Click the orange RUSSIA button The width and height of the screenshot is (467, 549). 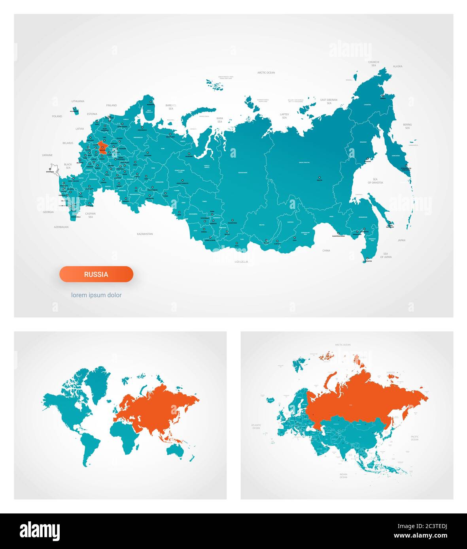click(x=96, y=274)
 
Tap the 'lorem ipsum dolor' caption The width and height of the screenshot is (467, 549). click(x=96, y=295)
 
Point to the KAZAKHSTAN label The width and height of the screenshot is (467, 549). click(x=145, y=234)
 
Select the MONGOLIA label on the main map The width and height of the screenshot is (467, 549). click(x=241, y=261)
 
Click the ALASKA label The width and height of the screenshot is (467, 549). click(x=397, y=66)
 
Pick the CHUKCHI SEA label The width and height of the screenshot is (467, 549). click(x=374, y=64)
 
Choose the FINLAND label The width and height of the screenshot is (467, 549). click(x=112, y=105)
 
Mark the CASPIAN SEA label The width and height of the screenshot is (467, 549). click(x=91, y=215)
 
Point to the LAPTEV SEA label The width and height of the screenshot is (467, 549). click(x=284, y=116)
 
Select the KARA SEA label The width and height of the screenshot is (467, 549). click(x=219, y=120)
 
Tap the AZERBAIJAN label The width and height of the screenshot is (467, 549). click(x=61, y=227)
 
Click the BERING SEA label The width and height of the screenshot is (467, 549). click(x=407, y=126)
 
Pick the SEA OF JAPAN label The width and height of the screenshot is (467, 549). click(x=386, y=255)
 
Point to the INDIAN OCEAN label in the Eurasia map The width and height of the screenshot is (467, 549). click(x=343, y=476)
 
